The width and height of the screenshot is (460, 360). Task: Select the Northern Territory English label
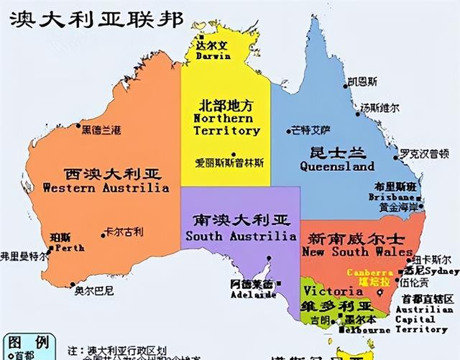tap(226, 124)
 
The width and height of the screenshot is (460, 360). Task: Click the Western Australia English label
tap(106, 188)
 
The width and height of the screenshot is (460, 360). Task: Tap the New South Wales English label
tap(359, 251)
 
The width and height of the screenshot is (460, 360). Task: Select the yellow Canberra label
tap(369, 273)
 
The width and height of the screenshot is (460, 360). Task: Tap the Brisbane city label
tap(391, 196)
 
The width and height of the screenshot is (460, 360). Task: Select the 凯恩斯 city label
tap(362, 82)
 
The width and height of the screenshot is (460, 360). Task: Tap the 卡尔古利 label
tap(124, 231)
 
